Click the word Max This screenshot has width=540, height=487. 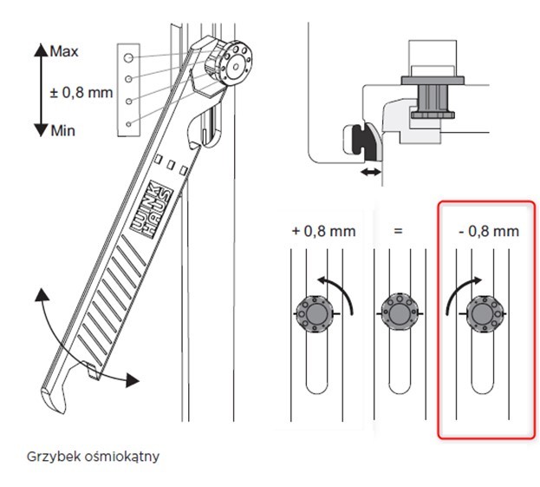pos(64,52)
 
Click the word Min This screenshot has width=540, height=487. pos(63,131)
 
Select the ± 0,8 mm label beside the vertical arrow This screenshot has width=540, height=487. pos(81,93)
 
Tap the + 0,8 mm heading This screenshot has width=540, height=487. pos(323,231)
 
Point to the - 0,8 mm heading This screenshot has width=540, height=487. pos(489,231)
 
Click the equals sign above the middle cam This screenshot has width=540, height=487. pos(398,231)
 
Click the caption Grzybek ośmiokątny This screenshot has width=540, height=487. pos(93,457)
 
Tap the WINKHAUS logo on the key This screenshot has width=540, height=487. pos(152,209)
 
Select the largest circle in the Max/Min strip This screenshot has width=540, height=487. pos(128,57)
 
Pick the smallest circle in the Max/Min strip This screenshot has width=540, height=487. pos(128,124)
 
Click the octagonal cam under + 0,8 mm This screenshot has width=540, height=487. pos(316,314)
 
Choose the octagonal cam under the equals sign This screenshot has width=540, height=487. pos(400,314)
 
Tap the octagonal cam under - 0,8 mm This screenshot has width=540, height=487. pos(484,314)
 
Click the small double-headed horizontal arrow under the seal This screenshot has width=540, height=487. pos(371,172)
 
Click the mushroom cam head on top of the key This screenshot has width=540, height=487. pos(229,63)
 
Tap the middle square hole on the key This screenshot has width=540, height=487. pos(171,164)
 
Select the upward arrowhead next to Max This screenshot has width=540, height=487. pos(41,49)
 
